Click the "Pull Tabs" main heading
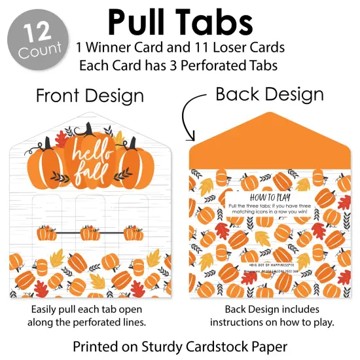180,22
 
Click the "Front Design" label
90,96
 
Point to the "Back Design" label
269,94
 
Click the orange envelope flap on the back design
270,141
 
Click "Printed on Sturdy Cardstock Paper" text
180,345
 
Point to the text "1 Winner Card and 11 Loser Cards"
180,48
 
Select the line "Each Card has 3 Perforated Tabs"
180,65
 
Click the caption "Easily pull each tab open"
90,308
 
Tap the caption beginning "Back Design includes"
270,308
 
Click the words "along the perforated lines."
90,322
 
